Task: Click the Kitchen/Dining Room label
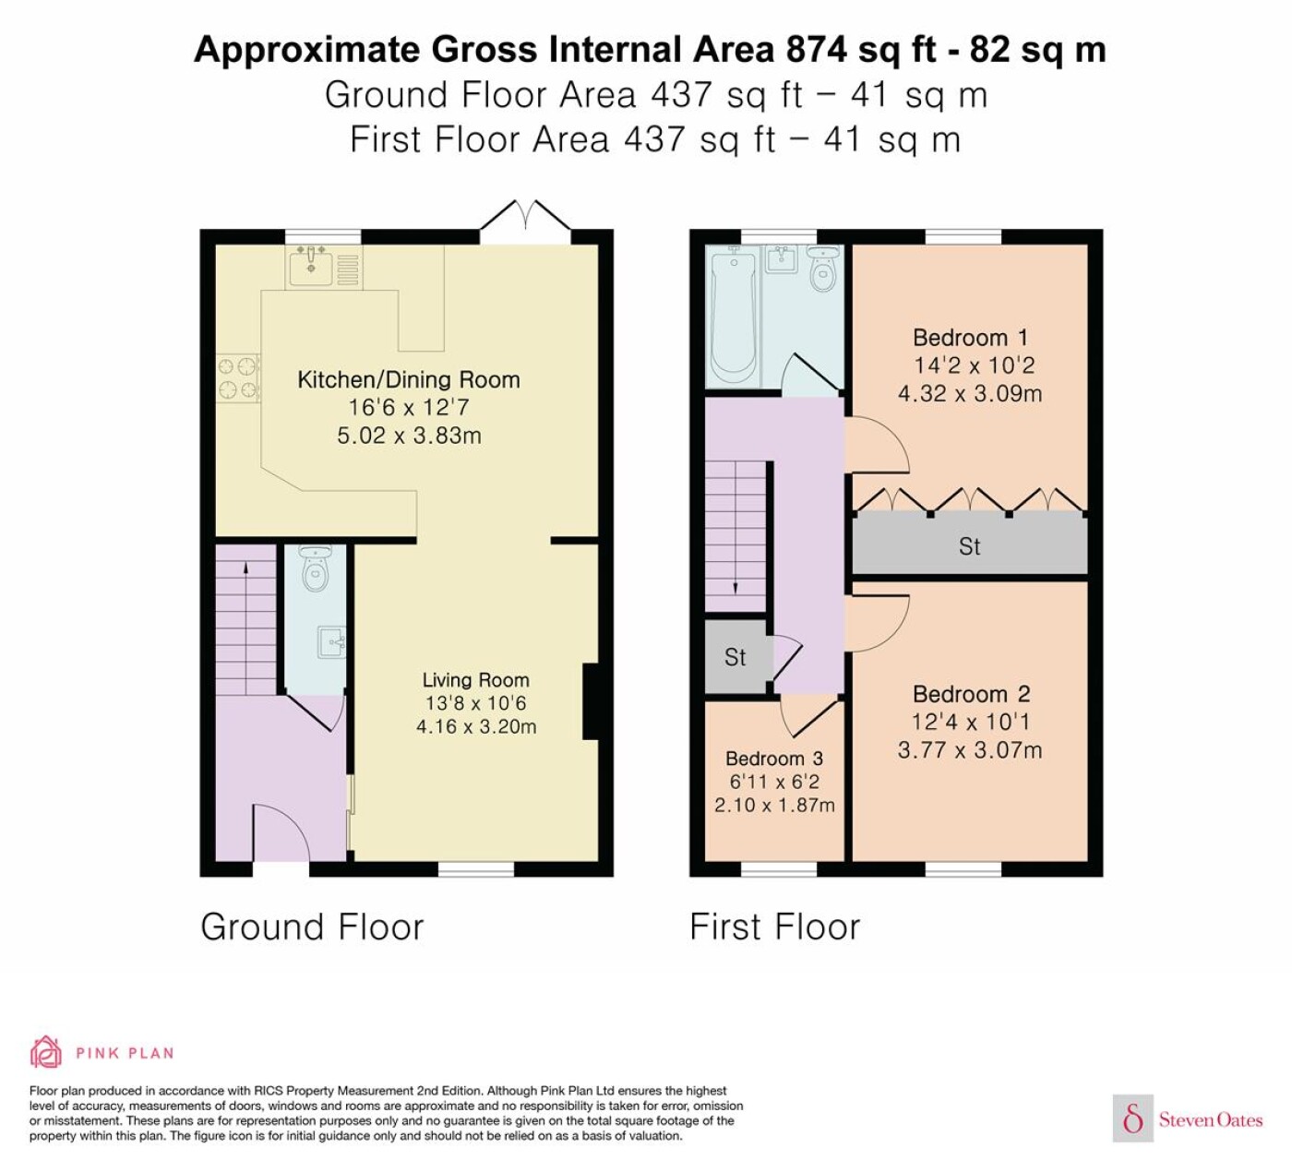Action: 408,379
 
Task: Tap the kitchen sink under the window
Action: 310,267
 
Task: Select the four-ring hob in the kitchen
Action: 238,378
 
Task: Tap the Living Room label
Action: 475,680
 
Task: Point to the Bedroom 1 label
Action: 970,338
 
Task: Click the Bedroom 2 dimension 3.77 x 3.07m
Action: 970,750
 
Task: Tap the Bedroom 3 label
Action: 773,759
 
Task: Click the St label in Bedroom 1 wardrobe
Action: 969,546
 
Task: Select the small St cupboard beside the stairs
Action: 736,656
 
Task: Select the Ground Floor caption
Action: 312,927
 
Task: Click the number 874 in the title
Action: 816,50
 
